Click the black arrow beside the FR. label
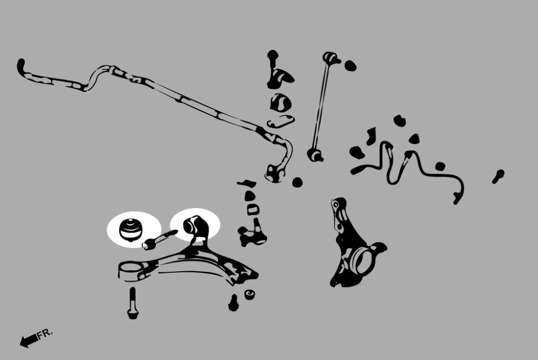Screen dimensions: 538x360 (x=29, y=341)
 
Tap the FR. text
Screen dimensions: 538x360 (x=45, y=334)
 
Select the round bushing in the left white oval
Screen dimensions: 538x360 (x=130, y=229)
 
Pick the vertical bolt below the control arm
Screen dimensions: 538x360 (x=133, y=303)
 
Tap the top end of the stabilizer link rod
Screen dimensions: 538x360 (x=331, y=58)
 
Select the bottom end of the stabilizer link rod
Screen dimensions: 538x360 (x=315, y=155)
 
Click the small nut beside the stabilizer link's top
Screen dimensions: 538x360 (x=350, y=66)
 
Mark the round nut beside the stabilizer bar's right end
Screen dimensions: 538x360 (x=298, y=182)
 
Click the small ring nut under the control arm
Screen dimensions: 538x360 (x=250, y=294)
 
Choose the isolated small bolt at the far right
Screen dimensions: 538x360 (x=498, y=177)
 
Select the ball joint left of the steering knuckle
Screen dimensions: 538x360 (x=252, y=232)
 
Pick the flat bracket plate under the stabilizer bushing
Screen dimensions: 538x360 (x=280, y=122)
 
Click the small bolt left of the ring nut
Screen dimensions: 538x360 (x=233, y=302)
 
